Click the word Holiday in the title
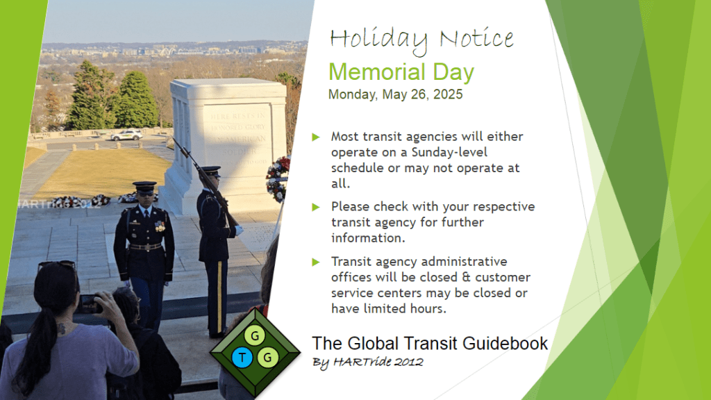click(378, 40)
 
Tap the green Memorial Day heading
click(401, 72)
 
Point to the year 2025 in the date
click(448, 94)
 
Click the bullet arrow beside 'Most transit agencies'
click(316, 137)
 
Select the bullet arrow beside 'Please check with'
click(316, 207)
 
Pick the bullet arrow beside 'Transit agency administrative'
click(316, 262)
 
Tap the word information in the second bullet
click(367, 238)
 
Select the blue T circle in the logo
click(242, 358)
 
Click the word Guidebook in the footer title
click(505, 343)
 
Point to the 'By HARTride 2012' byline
click(367, 362)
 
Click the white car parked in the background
click(126, 135)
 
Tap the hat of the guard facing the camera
click(144, 187)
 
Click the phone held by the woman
click(89, 304)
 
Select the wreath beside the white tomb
click(278, 178)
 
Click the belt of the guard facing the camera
click(145, 247)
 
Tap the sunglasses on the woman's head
click(57, 265)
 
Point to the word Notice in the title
click(476, 38)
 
